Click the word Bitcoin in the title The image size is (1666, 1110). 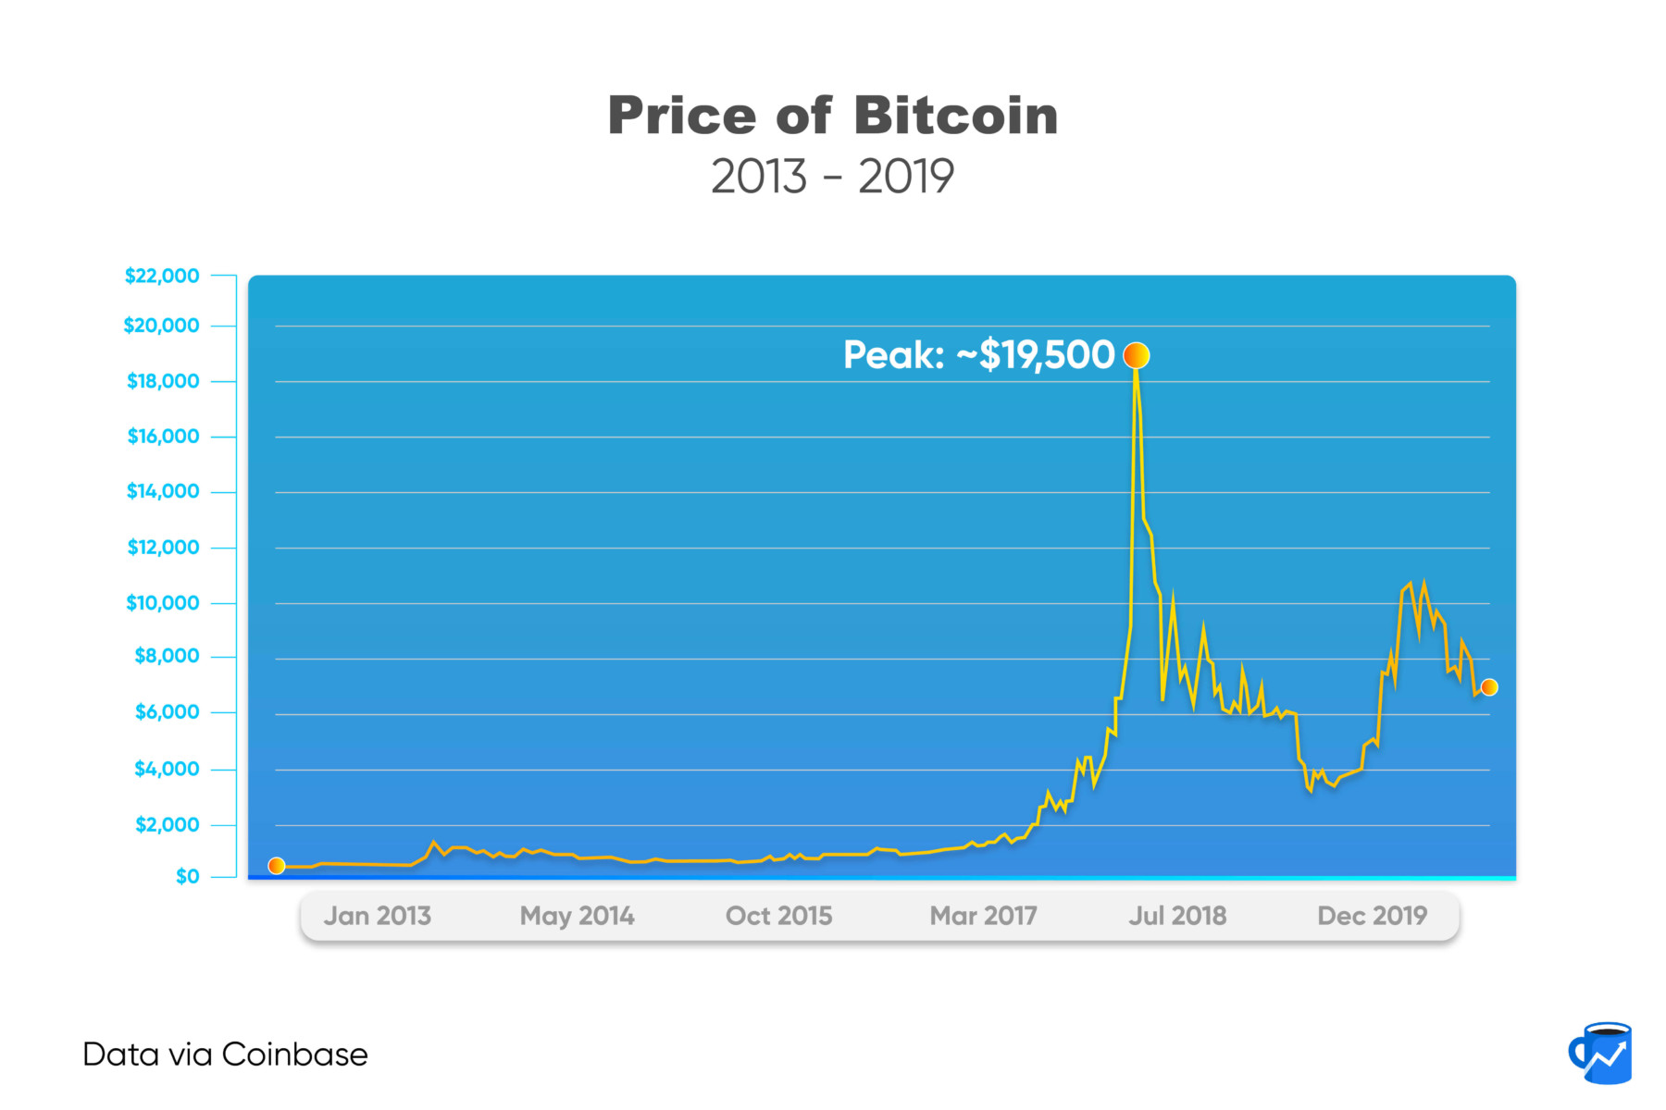[x=955, y=117]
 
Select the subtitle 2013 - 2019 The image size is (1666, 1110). [x=832, y=177]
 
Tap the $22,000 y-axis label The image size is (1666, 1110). [x=162, y=276]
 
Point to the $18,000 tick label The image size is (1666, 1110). [x=163, y=381]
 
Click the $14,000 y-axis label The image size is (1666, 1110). [x=163, y=491]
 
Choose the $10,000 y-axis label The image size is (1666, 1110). [x=163, y=603]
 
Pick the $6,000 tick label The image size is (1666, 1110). [x=167, y=712]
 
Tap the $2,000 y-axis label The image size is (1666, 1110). [x=167, y=824]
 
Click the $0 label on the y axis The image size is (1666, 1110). [x=187, y=876]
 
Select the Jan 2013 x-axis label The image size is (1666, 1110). [x=378, y=916]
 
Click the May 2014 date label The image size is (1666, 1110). [x=577, y=916]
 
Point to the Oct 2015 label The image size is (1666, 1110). [x=778, y=916]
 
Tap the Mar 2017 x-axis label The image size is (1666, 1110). [x=983, y=916]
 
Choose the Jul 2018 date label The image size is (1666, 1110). [x=1177, y=916]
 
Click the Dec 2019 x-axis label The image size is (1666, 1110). [x=1372, y=916]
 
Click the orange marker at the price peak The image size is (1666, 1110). [x=1136, y=355]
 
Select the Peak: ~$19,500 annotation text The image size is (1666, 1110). [x=978, y=355]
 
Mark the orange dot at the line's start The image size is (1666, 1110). [x=276, y=866]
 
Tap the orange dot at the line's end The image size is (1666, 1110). [x=1489, y=687]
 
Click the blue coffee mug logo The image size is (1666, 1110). [x=1601, y=1054]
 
